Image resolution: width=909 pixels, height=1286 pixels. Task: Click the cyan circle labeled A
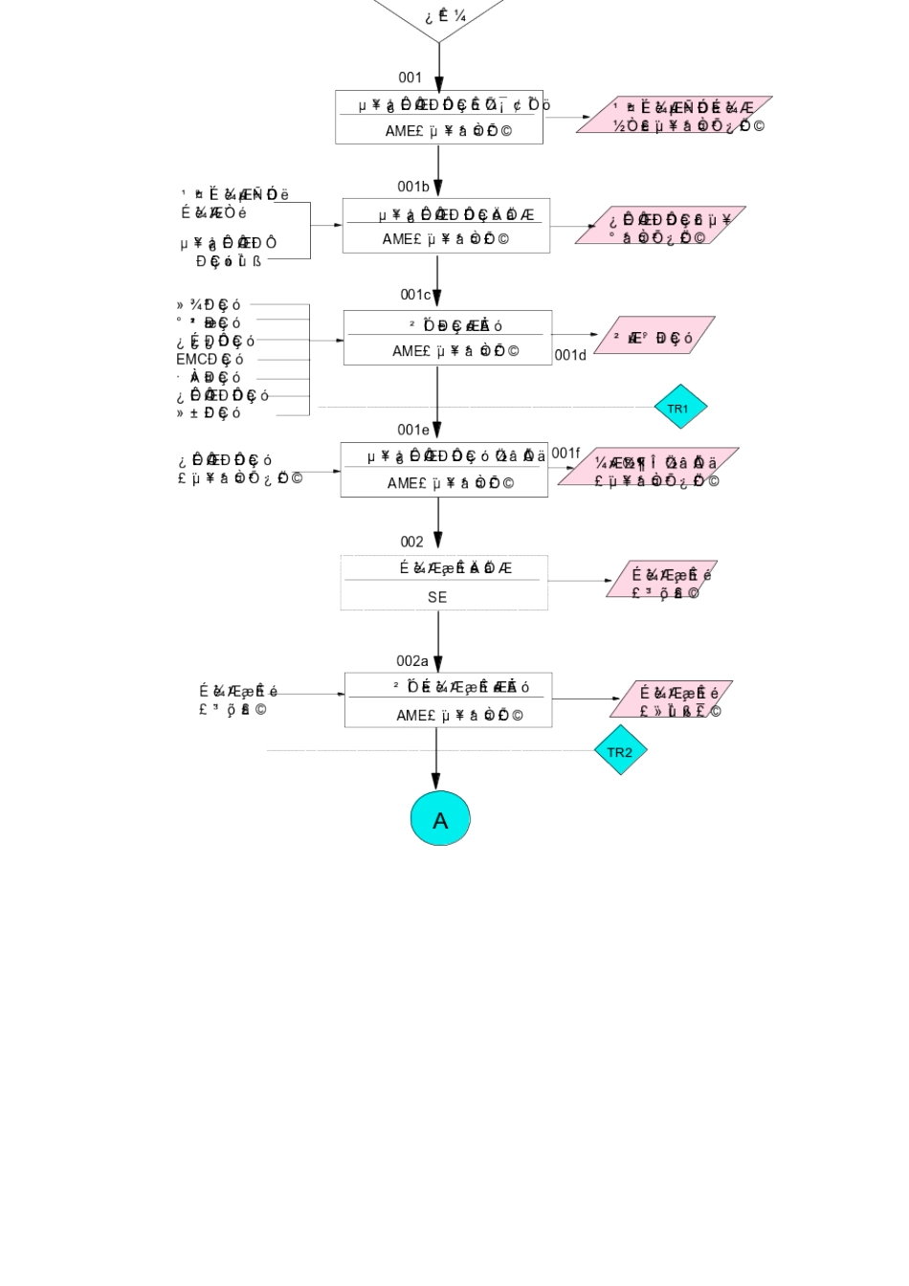pos(440,819)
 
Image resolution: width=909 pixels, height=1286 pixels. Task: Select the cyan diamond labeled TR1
pos(680,409)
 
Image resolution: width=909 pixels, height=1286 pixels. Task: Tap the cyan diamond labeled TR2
pos(620,751)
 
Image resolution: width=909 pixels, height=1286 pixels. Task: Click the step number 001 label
pos(410,78)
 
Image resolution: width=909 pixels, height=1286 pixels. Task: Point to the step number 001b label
pos(413,187)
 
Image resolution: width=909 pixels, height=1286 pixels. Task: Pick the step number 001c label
pos(415,295)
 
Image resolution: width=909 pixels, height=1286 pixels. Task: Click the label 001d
pos(570,355)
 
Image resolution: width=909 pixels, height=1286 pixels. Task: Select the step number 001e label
pos(413,430)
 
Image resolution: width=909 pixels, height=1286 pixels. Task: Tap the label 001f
pos(565,453)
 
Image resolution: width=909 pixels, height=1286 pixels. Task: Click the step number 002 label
pos(411,542)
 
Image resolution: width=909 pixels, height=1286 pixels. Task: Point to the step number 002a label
pos(412,661)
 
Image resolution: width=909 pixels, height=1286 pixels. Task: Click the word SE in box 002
pos(437,597)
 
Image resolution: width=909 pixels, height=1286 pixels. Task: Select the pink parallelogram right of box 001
pos(675,115)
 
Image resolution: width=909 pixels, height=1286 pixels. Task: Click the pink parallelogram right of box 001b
pos(660,226)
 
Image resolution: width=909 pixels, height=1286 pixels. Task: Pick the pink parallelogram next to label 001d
pos(654,336)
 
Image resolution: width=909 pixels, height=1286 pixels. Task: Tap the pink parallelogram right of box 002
pos(662,580)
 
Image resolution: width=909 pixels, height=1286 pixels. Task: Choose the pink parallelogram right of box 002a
pos(672,699)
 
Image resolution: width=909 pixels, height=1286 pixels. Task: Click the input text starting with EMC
pos(210,360)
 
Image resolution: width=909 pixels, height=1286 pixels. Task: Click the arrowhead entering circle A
pos(436,784)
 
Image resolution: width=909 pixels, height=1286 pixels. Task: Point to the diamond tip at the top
pos(439,40)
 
